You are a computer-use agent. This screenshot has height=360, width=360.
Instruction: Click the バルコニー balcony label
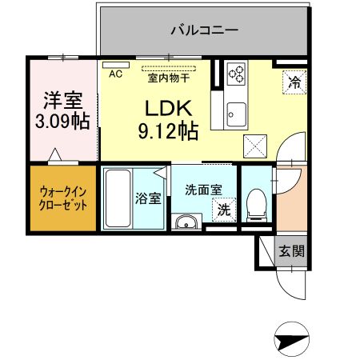point(204,31)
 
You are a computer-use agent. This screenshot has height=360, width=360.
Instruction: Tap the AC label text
point(114,74)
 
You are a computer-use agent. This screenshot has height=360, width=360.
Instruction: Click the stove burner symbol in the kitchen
point(236,74)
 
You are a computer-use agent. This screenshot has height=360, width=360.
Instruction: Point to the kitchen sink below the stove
point(236,113)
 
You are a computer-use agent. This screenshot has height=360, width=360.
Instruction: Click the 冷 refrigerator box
point(294,80)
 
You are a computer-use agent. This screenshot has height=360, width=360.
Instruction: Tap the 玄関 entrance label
point(290,251)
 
